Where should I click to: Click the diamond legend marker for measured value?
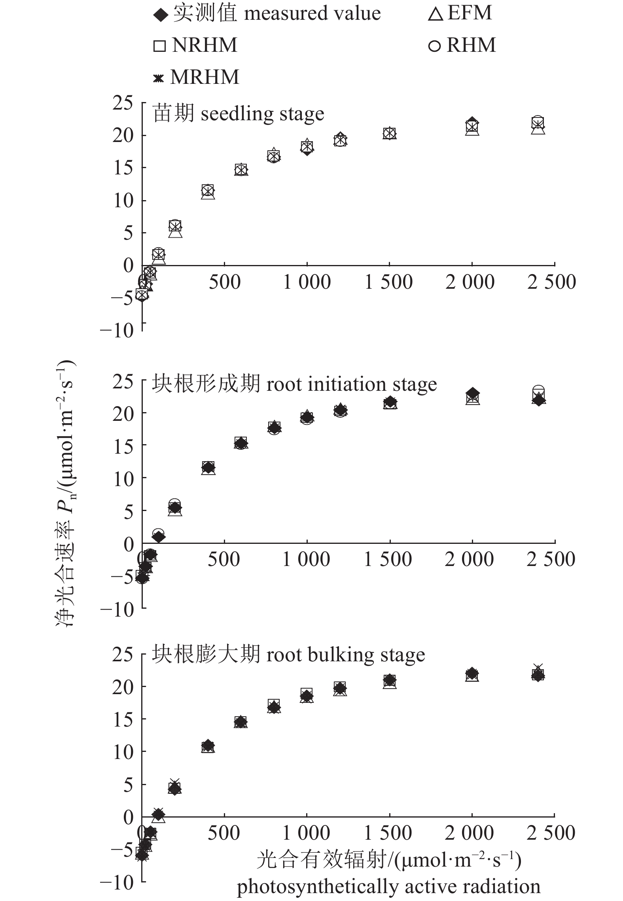(x=160, y=15)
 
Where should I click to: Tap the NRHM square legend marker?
(x=159, y=46)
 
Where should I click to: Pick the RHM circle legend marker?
(x=434, y=46)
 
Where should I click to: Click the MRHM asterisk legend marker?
(x=158, y=78)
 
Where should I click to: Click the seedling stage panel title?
(x=239, y=114)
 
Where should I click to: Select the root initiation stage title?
(x=294, y=384)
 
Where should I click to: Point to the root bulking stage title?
(x=288, y=655)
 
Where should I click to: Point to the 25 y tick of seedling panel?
(x=123, y=104)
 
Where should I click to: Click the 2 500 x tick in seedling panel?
(x=551, y=282)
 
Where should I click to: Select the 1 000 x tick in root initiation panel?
(x=306, y=560)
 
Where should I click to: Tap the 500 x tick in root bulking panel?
(x=224, y=833)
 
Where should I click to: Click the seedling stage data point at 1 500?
(x=390, y=133)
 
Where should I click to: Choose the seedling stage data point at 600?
(x=241, y=170)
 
